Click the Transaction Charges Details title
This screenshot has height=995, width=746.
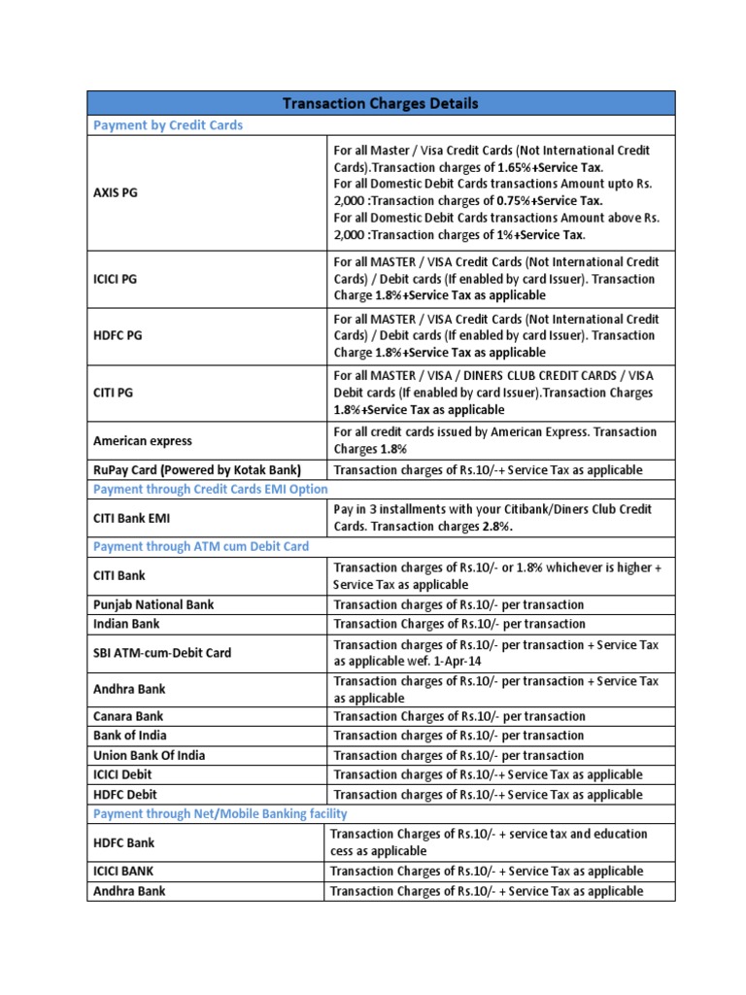[381, 103]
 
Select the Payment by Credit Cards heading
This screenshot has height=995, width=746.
[167, 125]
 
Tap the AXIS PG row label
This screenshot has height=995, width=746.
[116, 192]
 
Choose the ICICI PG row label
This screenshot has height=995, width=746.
[116, 279]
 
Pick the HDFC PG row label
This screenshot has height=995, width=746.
[116, 335]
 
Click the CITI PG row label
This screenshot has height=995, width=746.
[113, 393]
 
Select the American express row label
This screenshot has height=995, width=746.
[142, 441]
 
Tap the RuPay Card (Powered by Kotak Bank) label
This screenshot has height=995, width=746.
[197, 470]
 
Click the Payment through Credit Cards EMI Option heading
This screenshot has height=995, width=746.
[210, 489]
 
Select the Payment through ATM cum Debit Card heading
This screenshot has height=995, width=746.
[201, 546]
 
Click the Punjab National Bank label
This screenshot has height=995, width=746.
[153, 604]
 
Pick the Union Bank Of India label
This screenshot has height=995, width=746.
[150, 755]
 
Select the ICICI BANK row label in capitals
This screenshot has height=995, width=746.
[123, 872]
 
